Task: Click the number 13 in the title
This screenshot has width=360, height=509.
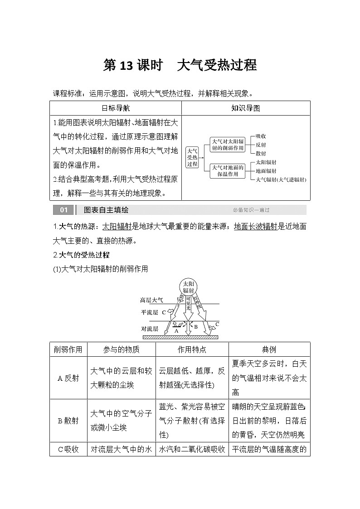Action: [x=125, y=66]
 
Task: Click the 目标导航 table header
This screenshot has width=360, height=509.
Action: [x=115, y=108]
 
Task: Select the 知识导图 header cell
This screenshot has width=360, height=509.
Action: [x=245, y=108]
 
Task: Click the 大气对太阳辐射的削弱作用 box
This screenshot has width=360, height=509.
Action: [x=228, y=144]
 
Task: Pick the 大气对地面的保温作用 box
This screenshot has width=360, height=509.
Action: [x=228, y=170]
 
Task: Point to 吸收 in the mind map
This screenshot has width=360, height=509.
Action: [x=261, y=136]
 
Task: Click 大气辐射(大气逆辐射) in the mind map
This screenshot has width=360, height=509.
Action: [x=281, y=179]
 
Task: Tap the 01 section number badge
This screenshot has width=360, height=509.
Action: [x=63, y=210]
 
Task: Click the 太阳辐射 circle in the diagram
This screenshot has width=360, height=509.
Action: [x=188, y=286]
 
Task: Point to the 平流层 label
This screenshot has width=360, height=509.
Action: [x=149, y=313]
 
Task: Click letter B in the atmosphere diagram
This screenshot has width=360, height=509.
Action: [x=196, y=326]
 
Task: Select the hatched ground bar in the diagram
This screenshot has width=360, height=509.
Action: [x=180, y=337]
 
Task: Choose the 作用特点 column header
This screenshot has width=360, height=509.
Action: [x=192, y=349]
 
